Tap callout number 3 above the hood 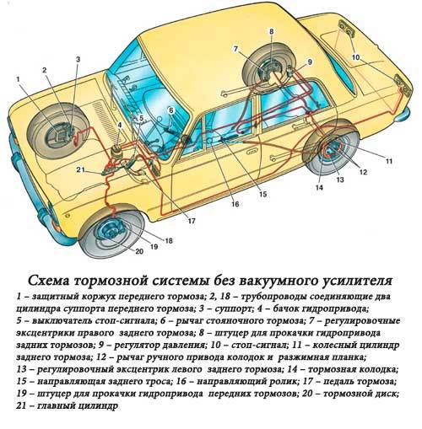tap(77, 59)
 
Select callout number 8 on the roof tap(272, 31)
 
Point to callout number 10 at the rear tap(355, 56)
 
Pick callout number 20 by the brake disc tap(139, 250)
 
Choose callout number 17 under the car tap(192, 221)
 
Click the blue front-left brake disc tap(112, 233)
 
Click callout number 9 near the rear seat tap(309, 62)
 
